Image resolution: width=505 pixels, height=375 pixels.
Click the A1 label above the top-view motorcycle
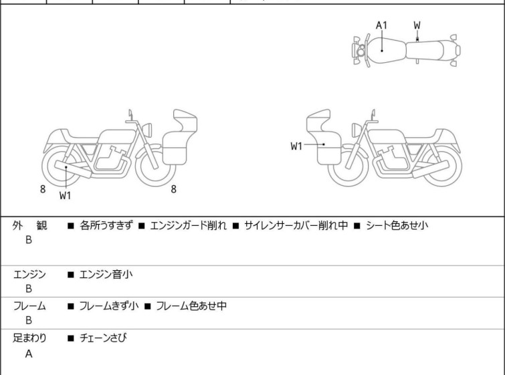381,25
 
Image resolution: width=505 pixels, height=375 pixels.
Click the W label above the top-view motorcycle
417,25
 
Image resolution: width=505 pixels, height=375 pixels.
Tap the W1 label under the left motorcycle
66,195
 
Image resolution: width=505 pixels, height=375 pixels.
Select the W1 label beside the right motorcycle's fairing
297,146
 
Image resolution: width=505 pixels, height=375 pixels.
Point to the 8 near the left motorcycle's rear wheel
43,189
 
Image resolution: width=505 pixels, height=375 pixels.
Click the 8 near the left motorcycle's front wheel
173,189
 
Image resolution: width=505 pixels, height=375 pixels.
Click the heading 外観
30,226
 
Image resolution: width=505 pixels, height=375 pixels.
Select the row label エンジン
29,273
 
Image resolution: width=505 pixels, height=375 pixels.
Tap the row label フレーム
29,306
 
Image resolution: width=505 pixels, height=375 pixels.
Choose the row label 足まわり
29,338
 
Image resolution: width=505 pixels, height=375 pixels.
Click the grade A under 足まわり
29,354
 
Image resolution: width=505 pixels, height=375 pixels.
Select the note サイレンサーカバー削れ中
296,226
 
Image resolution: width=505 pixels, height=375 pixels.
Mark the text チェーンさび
103,338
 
